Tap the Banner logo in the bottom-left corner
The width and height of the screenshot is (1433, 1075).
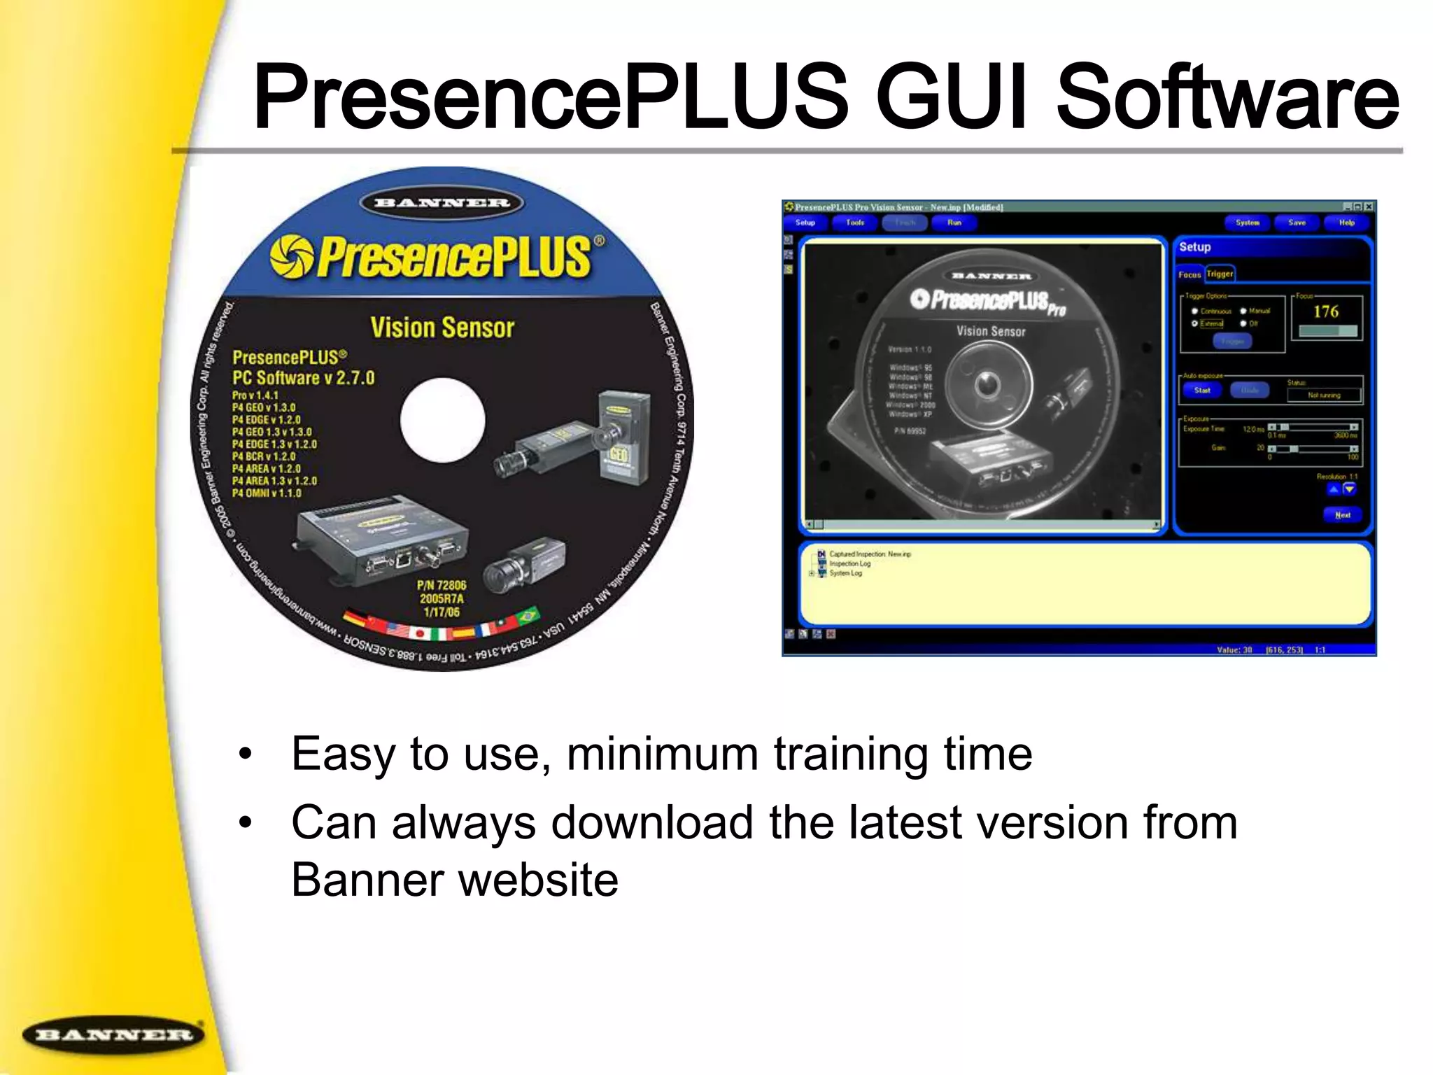pos(114,1034)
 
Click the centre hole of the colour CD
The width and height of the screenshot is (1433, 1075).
pos(442,420)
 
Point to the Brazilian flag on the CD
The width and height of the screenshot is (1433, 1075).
pos(528,617)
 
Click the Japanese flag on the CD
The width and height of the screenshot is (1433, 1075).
pos(420,633)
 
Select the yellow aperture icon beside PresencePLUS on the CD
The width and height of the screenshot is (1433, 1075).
pos(292,256)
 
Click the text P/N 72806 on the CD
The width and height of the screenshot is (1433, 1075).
pos(442,585)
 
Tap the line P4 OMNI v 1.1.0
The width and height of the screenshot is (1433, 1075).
pos(267,493)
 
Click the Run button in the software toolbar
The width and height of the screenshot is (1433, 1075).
pos(954,223)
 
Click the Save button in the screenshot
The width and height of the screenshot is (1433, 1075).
pos(1297,223)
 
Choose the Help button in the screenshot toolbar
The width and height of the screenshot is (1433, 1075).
pos(1347,223)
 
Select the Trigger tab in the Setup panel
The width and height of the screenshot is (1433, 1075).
pos(1220,274)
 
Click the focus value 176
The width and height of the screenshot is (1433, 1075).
pos(1326,311)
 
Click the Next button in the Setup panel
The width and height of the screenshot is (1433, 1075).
pos(1342,515)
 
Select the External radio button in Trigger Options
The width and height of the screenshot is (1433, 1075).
pos(1195,323)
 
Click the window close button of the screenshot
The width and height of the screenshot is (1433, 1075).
pos(1369,207)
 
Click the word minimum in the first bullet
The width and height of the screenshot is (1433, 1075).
pos(662,754)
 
